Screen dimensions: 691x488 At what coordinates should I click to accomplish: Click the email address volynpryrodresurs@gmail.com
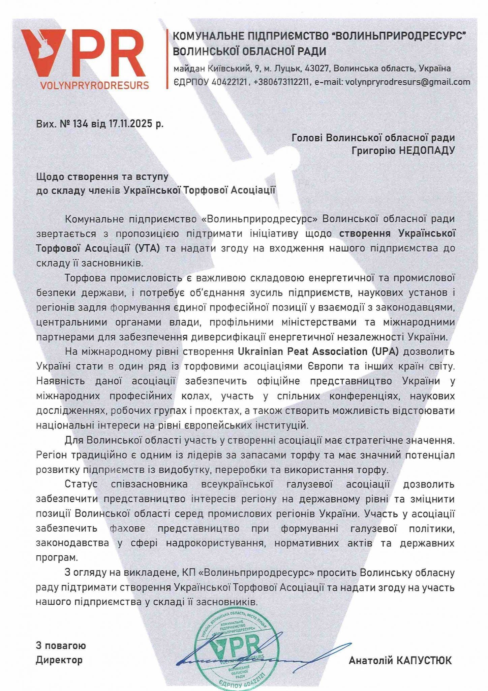(408, 82)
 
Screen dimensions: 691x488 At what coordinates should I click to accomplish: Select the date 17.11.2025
(131, 124)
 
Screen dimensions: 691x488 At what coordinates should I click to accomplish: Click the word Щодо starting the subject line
(50, 176)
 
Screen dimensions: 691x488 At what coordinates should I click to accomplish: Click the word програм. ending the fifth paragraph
(57, 557)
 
